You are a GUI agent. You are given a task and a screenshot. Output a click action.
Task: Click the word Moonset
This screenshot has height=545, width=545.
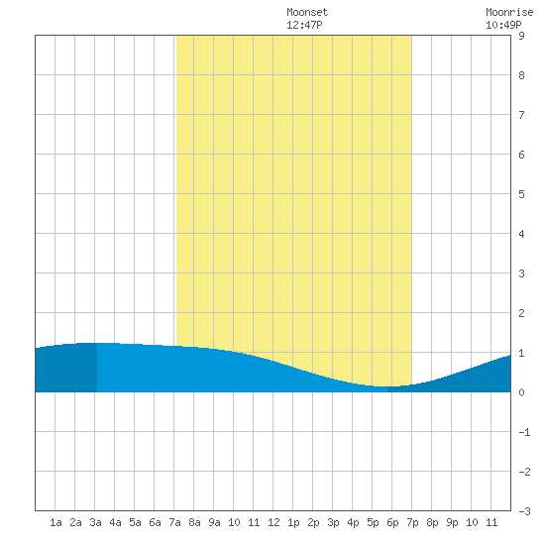(x=307, y=13)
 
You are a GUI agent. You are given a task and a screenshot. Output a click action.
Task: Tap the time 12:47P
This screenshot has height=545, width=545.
(x=304, y=25)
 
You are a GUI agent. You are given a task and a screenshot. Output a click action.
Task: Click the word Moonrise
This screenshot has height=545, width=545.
(x=509, y=13)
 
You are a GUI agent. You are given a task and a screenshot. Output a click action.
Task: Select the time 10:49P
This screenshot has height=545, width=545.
(x=503, y=25)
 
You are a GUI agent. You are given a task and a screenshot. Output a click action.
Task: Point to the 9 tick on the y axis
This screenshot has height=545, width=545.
(x=521, y=36)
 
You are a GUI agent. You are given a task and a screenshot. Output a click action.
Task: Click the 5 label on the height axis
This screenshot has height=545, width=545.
(x=521, y=194)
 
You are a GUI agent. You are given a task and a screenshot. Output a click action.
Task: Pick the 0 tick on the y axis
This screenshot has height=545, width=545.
(x=521, y=392)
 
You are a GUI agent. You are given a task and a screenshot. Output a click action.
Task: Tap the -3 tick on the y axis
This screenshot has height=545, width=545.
(x=524, y=511)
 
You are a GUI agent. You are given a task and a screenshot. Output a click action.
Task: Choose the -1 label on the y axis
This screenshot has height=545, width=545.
(x=524, y=432)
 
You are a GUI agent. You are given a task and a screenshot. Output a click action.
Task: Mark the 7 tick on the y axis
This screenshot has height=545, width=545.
(x=521, y=115)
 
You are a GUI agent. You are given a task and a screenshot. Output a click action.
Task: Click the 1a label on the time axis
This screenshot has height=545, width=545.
(x=55, y=522)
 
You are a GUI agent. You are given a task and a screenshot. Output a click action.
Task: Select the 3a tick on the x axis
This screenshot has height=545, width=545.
(x=95, y=522)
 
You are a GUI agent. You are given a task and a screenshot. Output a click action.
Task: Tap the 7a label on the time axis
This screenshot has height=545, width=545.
(x=174, y=522)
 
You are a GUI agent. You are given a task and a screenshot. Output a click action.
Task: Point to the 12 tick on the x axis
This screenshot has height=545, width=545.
(x=273, y=522)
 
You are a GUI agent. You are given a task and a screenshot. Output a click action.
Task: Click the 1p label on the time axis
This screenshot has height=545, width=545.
(x=293, y=522)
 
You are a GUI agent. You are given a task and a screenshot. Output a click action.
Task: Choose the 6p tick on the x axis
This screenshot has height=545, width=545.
(x=392, y=522)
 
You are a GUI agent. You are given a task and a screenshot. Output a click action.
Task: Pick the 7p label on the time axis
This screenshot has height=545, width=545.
(x=412, y=522)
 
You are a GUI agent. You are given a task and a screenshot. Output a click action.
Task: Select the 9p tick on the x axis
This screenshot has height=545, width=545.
(x=452, y=522)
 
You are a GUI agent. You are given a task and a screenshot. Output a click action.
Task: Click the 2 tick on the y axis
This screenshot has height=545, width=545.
(x=521, y=313)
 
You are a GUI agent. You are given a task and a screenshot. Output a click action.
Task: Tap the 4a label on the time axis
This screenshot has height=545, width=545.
(x=115, y=522)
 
